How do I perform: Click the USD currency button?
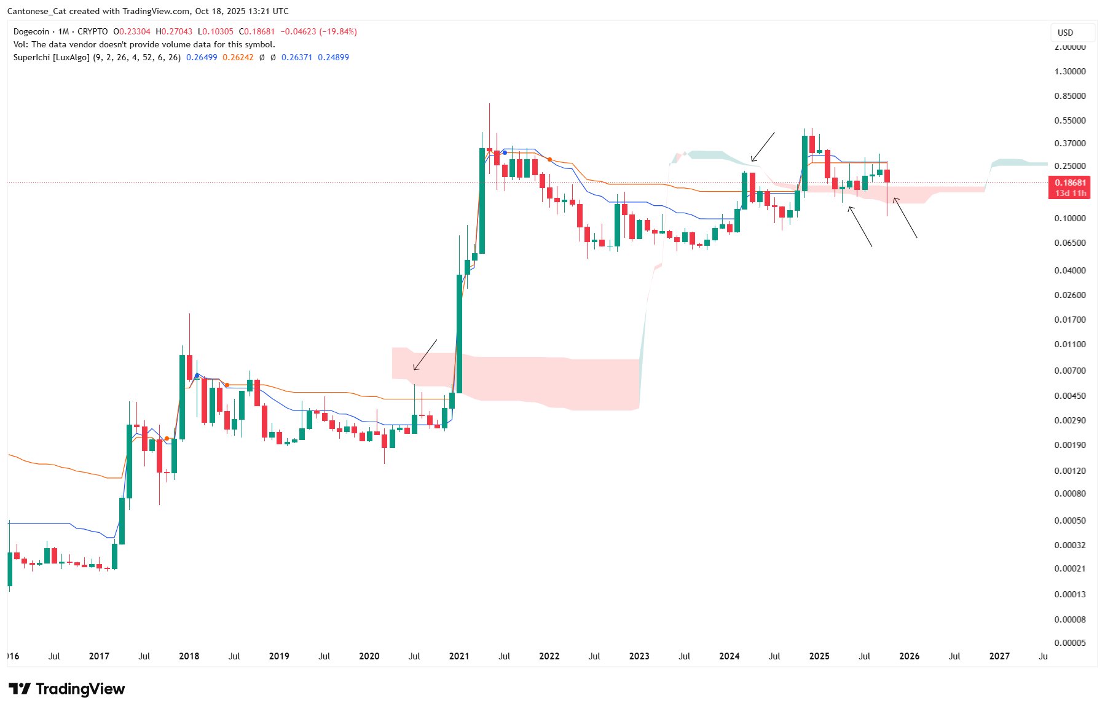(1072, 33)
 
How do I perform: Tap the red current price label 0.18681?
(1070, 183)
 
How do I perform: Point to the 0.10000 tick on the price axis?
(1070, 218)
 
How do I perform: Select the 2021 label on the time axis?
(459, 656)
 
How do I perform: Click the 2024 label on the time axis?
(729, 656)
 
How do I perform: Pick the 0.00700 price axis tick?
(1070, 371)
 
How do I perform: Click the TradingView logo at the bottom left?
(67, 689)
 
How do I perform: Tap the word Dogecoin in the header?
(31, 31)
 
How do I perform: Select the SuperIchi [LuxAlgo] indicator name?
(52, 57)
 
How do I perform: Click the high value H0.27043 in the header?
(174, 31)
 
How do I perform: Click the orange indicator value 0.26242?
(238, 57)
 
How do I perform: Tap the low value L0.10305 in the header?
(216, 31)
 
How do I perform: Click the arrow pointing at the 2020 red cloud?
(425, 355)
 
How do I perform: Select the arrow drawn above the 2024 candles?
(763, 147)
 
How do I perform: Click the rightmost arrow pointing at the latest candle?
(905, 218)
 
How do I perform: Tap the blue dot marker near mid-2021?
(505, 152)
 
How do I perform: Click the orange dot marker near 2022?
(549, 159)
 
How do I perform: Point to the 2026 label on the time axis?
(910, 656)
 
